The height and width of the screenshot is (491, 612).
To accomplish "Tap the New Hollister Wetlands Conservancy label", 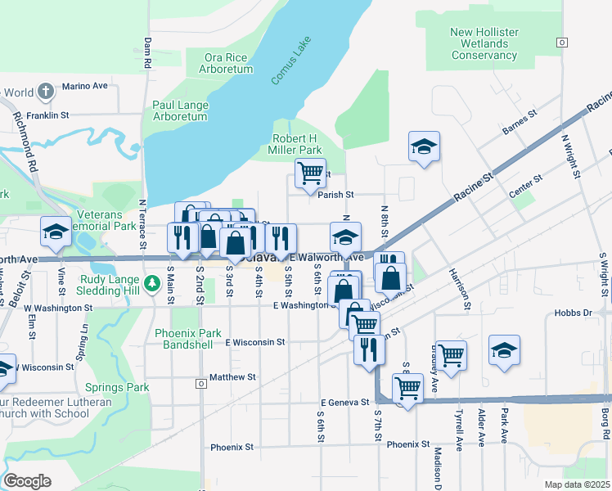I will click(x=484, y=43).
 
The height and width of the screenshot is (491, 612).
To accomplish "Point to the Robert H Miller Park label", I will click(x=297, y=144).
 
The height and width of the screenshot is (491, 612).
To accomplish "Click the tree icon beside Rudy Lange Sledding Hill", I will click(x=151, y=284).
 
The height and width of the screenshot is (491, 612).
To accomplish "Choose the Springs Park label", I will click(x=120, y=387).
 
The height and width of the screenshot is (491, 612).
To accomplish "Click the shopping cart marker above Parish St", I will click(x=310, y=173).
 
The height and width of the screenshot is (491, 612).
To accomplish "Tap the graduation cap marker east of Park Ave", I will click(x=504, y=350).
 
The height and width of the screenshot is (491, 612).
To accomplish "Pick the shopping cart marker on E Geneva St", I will click(x=407, y=388).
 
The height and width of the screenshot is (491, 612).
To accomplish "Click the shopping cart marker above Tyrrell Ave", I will click(x=451, y=354).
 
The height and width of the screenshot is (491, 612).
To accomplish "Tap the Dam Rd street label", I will click(x=147, y=52).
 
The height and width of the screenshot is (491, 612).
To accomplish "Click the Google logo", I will click(x=27, y=481).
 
